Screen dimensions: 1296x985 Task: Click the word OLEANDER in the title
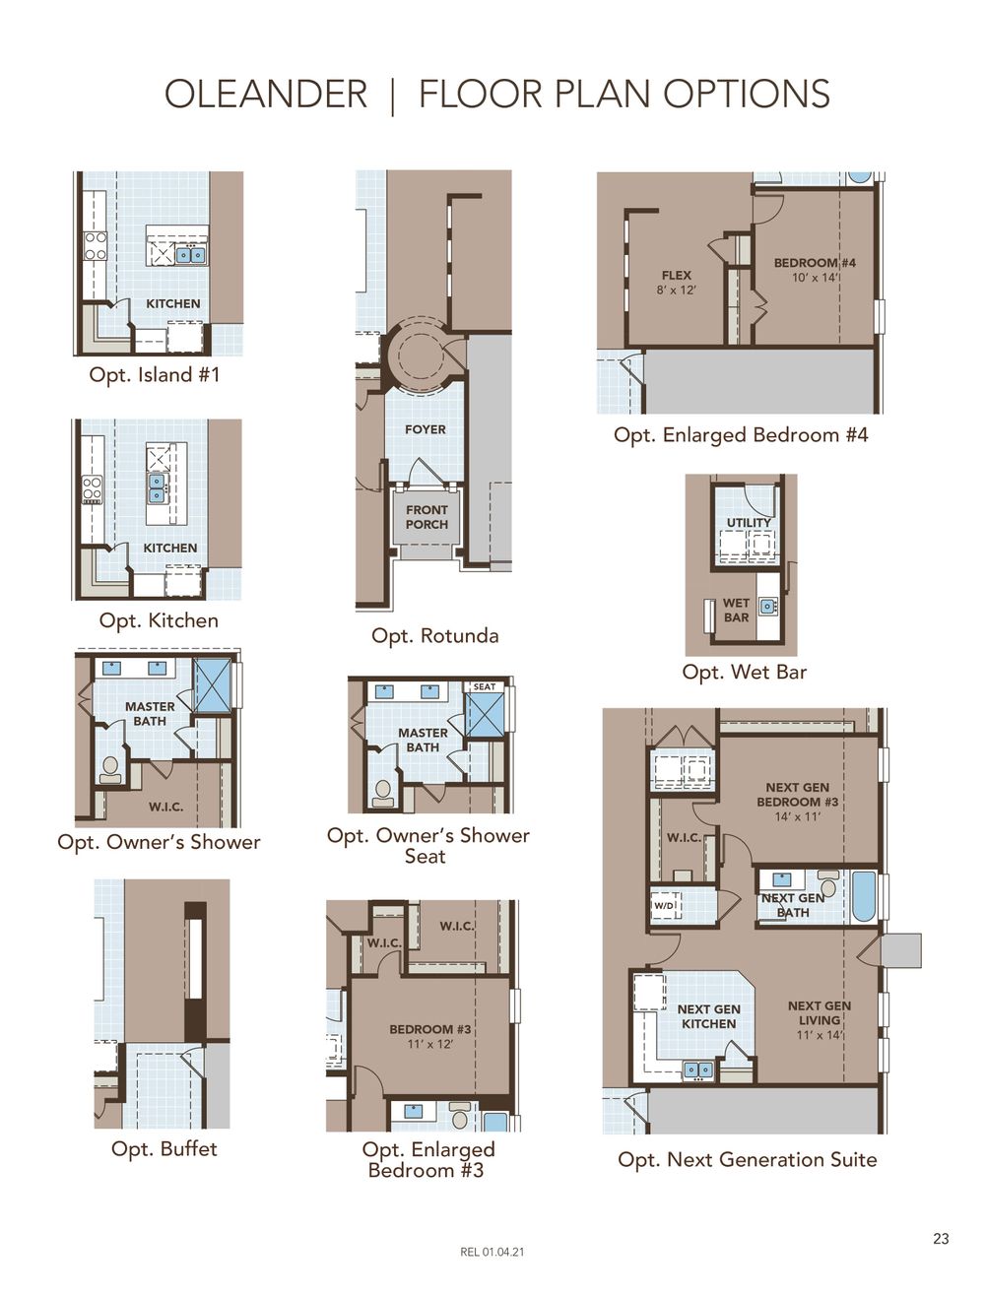tap(265, 95)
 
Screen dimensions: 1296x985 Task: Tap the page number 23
tap(941, 1239)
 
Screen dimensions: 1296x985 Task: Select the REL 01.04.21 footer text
tap(492, 1253)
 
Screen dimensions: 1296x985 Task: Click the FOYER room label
tap(425, 429)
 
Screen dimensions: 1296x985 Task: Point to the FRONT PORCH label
tap(427, 517)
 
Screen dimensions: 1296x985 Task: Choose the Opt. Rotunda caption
tap(434, 636)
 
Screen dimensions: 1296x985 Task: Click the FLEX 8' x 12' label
tap(676, 283)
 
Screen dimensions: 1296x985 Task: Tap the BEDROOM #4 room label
tap(815, 270)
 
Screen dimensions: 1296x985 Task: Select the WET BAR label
tap(736, 611)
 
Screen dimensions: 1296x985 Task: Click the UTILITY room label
tap(749, 523)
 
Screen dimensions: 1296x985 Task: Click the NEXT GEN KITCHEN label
tap(708, 1016)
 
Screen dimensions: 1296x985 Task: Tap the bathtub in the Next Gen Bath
tap(863, 895)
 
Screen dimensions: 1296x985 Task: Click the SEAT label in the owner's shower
tap(485, 687)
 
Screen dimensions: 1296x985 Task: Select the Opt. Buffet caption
tap(164, 1149)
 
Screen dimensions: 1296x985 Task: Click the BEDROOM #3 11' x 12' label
tap(429, 1036)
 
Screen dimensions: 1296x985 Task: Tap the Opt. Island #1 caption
tap(155, 375)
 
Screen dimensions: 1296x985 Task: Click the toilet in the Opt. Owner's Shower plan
tap(110, 768)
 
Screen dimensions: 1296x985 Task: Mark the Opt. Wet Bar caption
tap(744, 673)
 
